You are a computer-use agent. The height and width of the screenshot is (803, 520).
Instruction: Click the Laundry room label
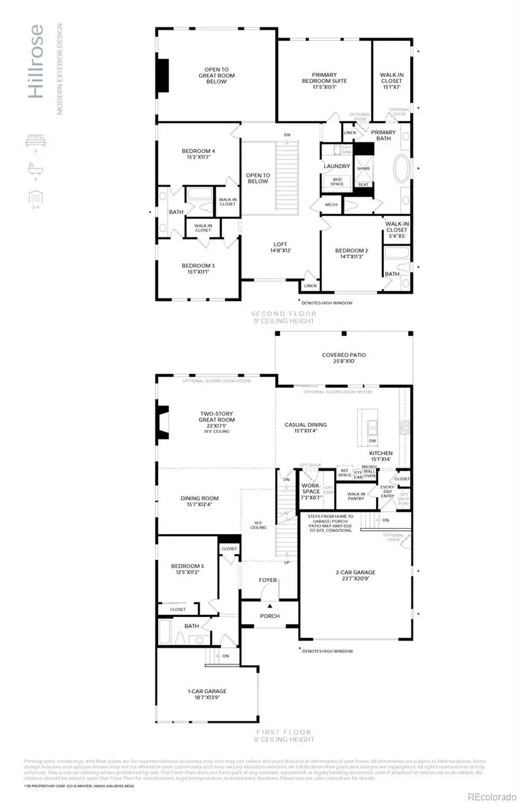(336, 166)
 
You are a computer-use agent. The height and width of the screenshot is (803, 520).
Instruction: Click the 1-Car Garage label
(207, 695)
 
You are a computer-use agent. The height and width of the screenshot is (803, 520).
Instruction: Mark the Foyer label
(268, 580)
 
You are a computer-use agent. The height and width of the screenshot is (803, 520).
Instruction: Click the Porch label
(269, 616)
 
